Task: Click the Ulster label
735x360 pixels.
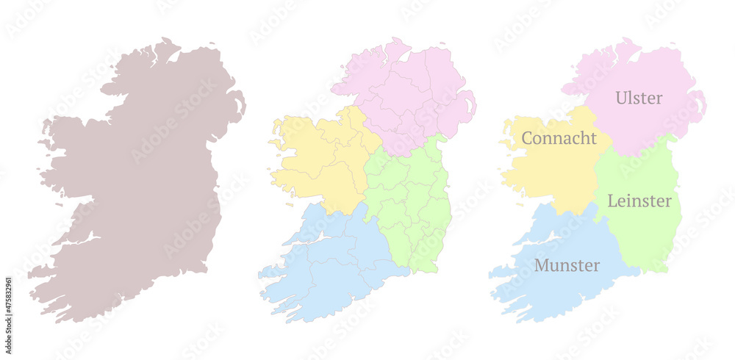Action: [639, 98]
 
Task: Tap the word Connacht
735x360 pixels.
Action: [559, 138]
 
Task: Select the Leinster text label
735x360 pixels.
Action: [639, 201]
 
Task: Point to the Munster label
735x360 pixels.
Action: [567, 265]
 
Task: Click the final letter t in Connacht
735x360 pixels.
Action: [593, 138]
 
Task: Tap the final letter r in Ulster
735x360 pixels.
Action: [659, 98]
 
